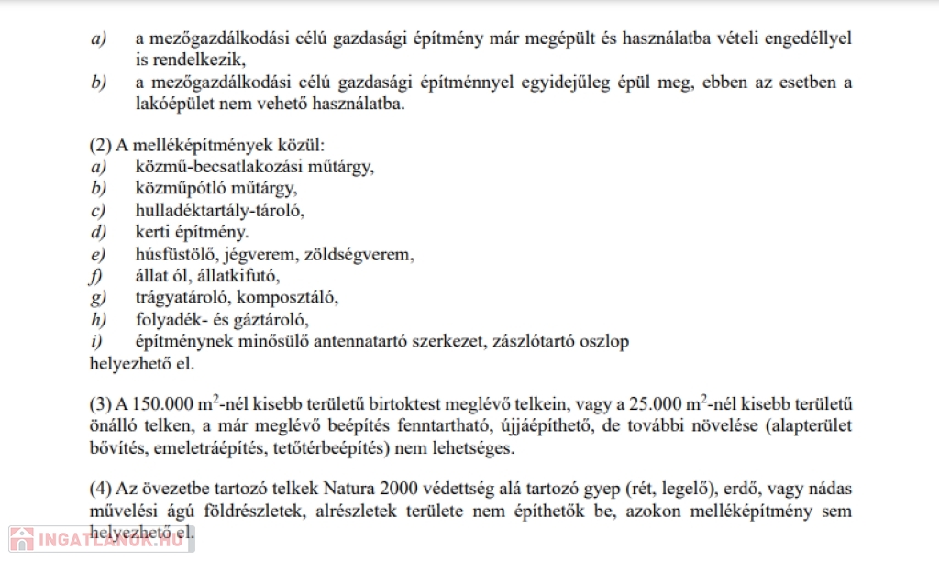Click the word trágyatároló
coord(172,298)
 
